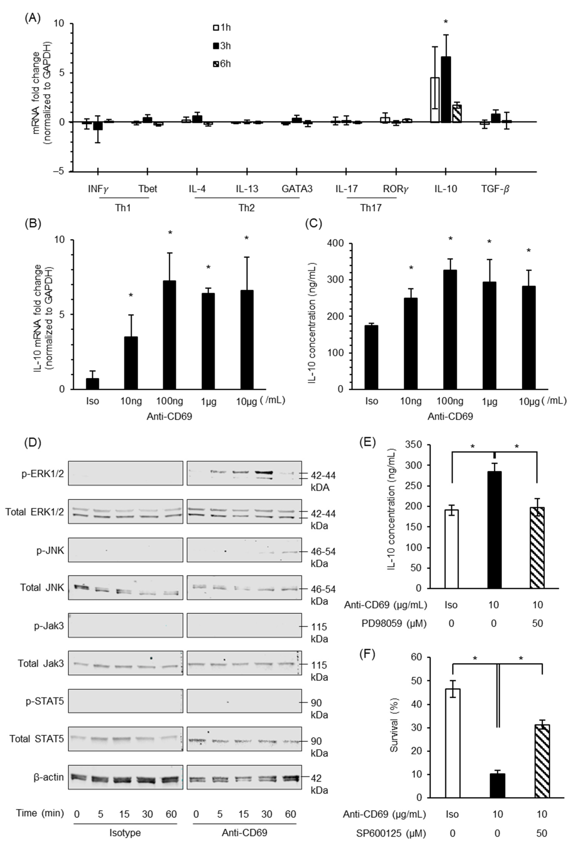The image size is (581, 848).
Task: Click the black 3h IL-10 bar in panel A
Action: click(x=446, y=89)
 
